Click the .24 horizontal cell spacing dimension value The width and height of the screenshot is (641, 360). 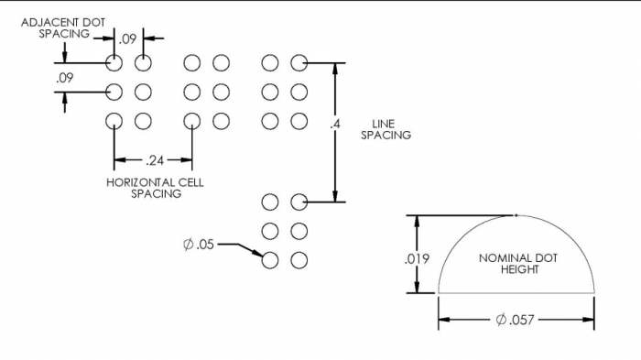tap(154, 159)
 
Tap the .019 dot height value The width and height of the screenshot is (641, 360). tap(417, 259)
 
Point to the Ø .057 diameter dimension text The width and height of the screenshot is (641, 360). tap(515, 320)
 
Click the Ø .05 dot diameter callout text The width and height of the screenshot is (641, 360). tap(199, 244)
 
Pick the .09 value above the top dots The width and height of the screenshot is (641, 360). tap(128, 38)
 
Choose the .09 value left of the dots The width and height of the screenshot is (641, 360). tap(64, 78)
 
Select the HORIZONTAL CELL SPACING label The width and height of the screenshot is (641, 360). tap(155, 188)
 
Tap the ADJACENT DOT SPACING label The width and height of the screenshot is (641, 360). tap(55, 27)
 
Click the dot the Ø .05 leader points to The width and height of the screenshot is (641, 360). tap(269, 260)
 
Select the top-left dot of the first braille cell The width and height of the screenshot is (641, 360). tap(114, 62)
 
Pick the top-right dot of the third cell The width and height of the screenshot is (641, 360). tap(299, 62)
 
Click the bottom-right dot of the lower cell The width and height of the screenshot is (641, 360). tap(299, 260)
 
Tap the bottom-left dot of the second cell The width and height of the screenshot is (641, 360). tap(191, 121)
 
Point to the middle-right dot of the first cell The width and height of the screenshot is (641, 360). tap(143, 92)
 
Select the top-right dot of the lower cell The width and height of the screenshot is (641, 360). tap(299, 202)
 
